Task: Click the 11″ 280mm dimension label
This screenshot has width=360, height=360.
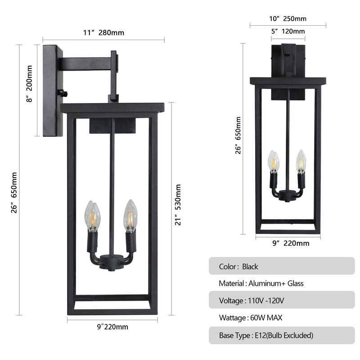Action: point(103,32)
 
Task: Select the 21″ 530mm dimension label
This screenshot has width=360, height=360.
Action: point(178,205)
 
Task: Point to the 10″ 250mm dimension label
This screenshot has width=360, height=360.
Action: point(288,19)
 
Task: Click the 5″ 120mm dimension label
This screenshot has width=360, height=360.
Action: point(288,31)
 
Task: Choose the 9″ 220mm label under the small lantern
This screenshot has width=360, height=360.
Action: point(291,243)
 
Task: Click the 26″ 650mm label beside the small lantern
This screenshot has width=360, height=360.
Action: point(238,135)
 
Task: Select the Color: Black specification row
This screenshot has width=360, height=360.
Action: point(282,266)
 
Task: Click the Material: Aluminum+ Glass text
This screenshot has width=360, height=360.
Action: point(261,283)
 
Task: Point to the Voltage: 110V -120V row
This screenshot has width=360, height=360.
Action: point(282,300)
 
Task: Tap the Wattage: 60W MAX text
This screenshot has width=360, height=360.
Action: point(250,318)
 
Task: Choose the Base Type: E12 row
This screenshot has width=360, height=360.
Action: point(282,335)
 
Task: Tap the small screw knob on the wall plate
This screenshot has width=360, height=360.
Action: point(64,94)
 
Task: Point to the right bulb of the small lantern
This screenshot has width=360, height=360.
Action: point(301,162)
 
